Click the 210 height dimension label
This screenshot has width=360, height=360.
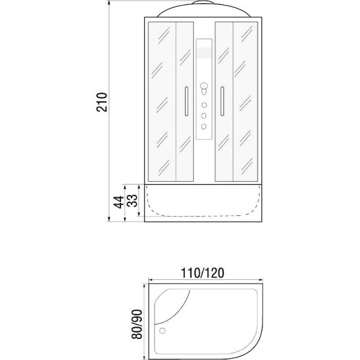101,102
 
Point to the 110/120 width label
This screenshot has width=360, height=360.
202,273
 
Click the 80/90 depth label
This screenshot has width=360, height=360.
137,324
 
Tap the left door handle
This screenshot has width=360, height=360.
186,101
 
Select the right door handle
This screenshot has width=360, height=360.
222,101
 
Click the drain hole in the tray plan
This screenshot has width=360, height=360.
163,331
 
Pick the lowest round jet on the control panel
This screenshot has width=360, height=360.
204,126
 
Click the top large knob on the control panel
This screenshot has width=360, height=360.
204,86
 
